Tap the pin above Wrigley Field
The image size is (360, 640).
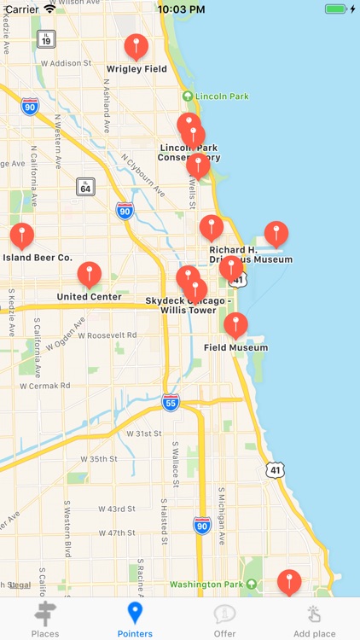[x=136, y=47]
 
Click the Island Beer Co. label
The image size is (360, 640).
[x=38, y=257]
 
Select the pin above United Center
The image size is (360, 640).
[x=90, y=275]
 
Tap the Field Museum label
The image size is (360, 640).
[x=235, y=347]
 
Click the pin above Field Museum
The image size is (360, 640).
[x=235, y=325]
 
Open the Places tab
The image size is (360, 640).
[x=44, y=620]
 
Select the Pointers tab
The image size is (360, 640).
[x=135, y=620]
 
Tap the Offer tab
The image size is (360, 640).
[x=224, y=620]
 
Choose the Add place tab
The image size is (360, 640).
[x=314, y=620]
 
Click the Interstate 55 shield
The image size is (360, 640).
[x=171, y=402]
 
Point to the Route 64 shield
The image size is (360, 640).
[x=84, y=187]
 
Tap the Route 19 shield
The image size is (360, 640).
[x=46, y=38]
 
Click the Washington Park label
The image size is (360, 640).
[x=213, y=585]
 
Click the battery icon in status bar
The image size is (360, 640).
[x=336, y=9]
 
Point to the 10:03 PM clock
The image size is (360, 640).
[x=180, y=9]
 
